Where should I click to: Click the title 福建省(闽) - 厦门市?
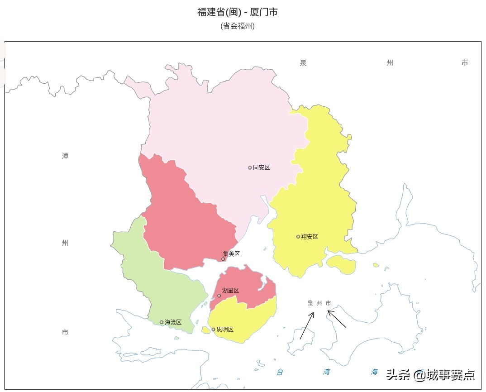click(x=237, y=12)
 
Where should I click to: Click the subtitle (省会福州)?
click(x=238, y=26)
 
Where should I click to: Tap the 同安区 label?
click(x=261, y=167)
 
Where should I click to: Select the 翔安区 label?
click(x=310, y=237)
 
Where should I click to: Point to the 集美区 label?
click(x=231, y=254)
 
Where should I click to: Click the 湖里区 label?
click(x=230, y=291)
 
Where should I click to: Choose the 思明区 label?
click(x=225, y=330)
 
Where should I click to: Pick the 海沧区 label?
click(x=173, y=322)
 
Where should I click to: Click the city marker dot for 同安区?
click(x=250, y=167)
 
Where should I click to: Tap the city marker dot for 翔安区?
click(x=298, y=237)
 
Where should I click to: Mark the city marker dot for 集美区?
click(x=223, y=259)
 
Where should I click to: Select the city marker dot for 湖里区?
click(x=219, y=296)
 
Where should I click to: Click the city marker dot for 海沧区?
click(x=162, y=322)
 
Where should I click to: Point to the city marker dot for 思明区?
click(x=214, y=330)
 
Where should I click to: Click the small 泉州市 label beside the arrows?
click(x=319, y=303)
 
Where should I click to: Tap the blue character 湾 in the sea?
click(x=327, y=372)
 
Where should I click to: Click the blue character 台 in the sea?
click(x=280, y=372)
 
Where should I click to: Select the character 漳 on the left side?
click(x=65, y=156)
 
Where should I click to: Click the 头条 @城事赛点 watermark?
click(x=430, y=375)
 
